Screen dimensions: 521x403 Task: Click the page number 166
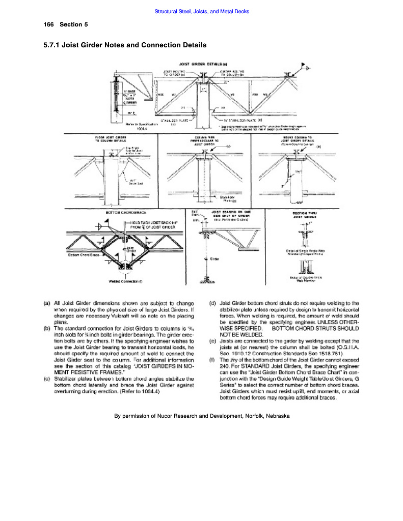point(49,24)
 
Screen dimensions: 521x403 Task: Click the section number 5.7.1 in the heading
point(55,45)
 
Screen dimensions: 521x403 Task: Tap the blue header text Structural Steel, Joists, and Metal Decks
point(201,11)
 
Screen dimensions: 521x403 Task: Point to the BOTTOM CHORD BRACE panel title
point(122,212)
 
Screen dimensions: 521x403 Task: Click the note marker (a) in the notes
point(47,303)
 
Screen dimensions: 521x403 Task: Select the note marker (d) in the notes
point(212,303)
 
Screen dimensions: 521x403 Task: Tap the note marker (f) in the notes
point(212,360)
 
